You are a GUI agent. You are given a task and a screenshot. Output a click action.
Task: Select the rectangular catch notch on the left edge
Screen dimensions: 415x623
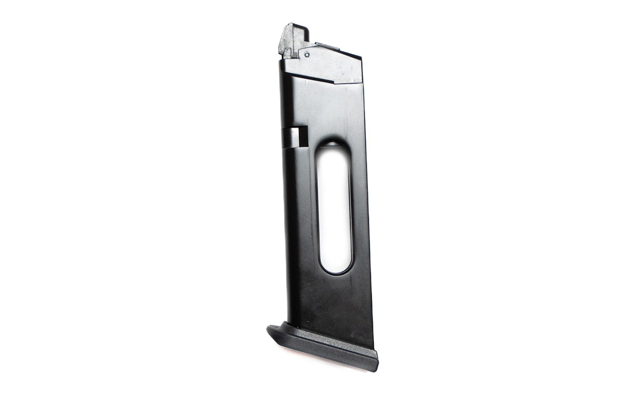295,137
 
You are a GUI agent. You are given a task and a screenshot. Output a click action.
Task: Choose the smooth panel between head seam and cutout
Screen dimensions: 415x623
328,112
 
